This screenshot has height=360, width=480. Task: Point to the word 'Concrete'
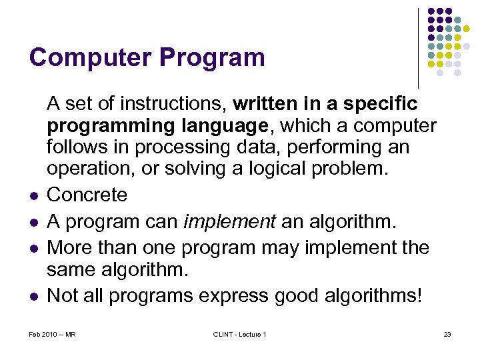click(x=87, y=195)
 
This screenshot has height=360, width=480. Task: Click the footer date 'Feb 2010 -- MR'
click(x=53, y=334)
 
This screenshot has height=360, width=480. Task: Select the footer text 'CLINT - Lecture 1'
click(x=239, y=334)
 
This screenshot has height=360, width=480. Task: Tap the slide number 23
click(x=447, y=334)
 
